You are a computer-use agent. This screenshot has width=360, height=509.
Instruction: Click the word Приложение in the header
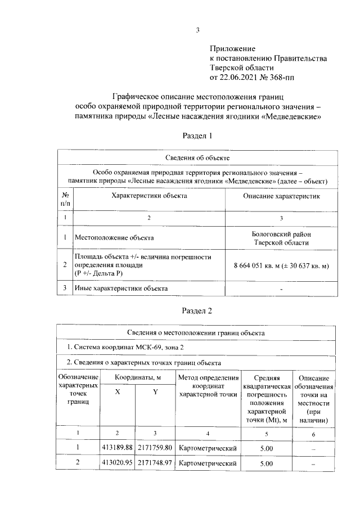232,49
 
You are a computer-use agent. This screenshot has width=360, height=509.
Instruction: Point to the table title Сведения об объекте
197,158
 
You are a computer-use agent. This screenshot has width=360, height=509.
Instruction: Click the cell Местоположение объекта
114,238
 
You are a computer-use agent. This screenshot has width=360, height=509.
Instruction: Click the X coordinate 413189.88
118,448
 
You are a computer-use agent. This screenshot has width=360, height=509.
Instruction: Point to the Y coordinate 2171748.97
155,463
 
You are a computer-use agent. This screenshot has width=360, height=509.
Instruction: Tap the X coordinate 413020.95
118,463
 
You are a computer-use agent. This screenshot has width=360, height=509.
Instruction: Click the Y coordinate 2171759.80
155,448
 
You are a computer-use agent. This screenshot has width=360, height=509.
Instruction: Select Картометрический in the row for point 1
207,448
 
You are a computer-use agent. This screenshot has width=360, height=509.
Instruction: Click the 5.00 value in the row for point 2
267,463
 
